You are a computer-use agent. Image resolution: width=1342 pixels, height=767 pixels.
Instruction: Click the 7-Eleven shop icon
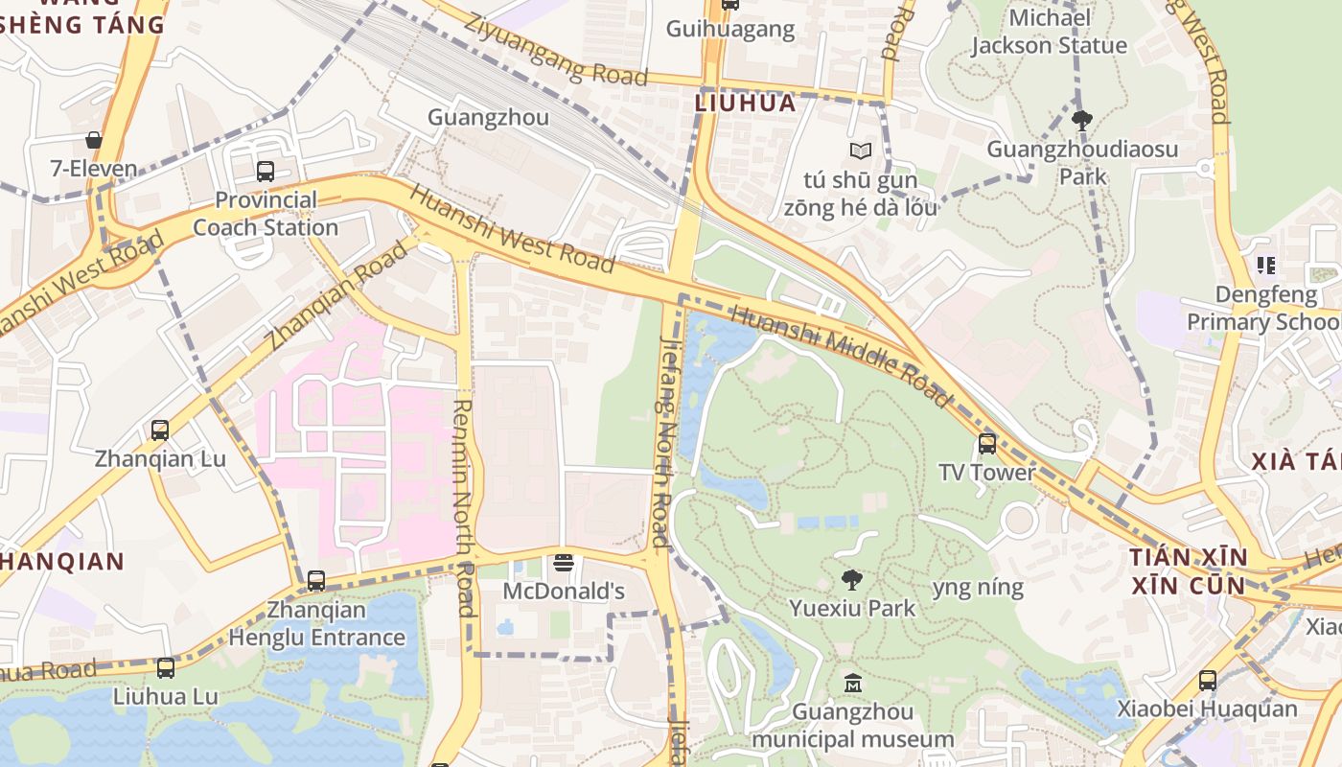(94, 140)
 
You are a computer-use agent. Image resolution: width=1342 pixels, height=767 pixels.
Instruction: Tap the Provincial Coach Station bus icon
(266, 172)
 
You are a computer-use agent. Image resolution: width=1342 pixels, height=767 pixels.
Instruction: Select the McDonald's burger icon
(564, 563)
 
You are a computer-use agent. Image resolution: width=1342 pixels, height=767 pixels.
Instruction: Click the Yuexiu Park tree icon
(851, 579)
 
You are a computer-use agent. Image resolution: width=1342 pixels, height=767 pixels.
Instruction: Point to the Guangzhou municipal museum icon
(852, 684)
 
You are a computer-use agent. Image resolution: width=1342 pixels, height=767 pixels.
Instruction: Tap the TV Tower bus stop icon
(986, 443)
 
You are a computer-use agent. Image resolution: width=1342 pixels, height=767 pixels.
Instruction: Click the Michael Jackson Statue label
(1049, 32)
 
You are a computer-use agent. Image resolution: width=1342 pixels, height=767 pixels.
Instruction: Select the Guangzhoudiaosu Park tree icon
(1082, 120)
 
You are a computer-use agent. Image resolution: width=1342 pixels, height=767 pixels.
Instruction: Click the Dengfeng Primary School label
(1264, 308)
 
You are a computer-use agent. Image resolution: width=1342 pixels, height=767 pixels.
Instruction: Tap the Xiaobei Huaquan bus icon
(1207, 681)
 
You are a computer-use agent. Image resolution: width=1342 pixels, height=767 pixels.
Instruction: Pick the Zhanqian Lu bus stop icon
(160, 430)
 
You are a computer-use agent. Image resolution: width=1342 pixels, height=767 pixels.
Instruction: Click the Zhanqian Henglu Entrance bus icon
(316, 581)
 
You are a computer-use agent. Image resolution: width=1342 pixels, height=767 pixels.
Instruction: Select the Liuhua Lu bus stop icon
(166, 668)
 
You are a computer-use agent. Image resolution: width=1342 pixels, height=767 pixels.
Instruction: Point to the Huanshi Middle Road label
(841, 356)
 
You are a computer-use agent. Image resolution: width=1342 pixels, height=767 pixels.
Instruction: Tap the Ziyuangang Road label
(555, 49)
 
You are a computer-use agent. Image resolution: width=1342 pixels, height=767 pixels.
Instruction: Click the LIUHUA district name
(746, 103)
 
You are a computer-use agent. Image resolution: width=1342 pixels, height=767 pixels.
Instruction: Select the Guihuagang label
(730, 29)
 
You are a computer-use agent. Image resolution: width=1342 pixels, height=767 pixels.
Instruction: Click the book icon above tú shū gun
(861, 151)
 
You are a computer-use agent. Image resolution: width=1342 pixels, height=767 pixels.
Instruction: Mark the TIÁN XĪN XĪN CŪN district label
(1188, 571)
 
